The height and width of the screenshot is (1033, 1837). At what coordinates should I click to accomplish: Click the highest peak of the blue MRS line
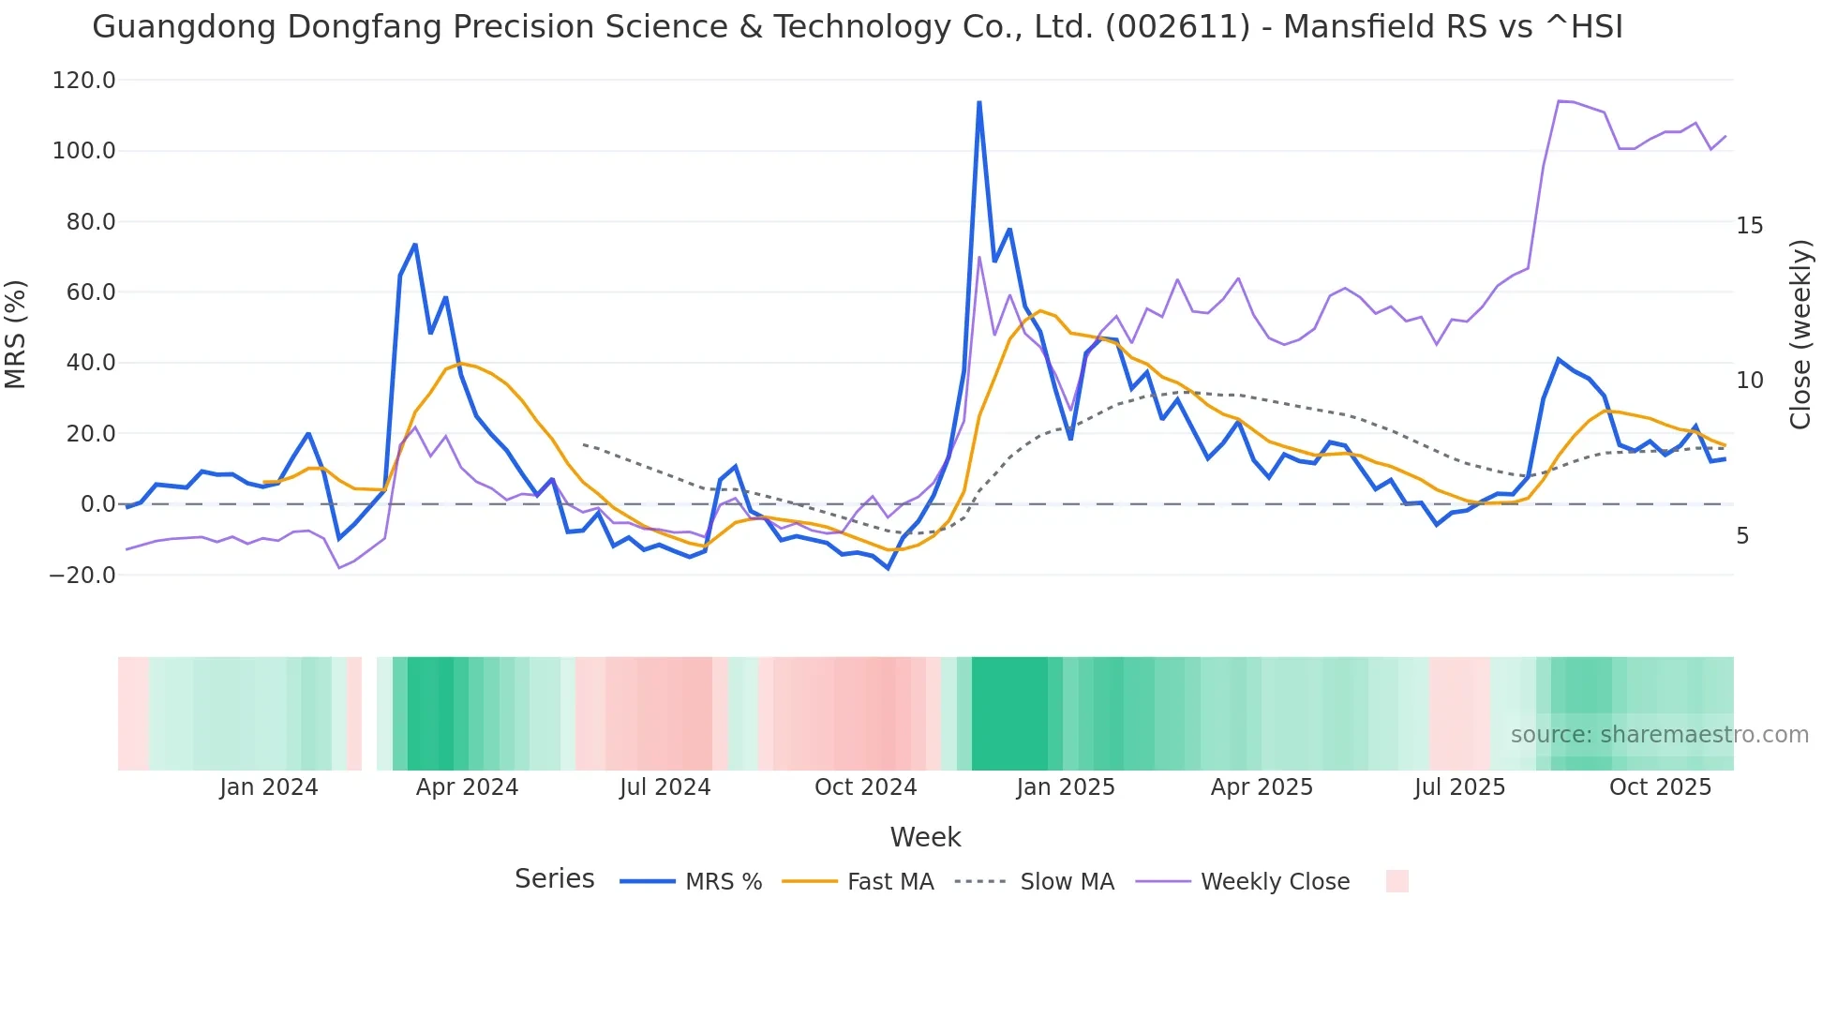click(x=978, y=102)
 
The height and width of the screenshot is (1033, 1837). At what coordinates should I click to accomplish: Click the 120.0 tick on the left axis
click(x=83, y=81)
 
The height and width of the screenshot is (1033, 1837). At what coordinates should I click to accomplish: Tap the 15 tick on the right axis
click(x=1749, y=226)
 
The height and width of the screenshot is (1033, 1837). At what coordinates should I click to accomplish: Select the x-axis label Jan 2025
click(x=1065, y=787)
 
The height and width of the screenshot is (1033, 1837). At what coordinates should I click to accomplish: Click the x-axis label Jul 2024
click(x=665, y=787)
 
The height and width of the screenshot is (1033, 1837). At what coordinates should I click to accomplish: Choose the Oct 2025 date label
click(x=1660, y=787)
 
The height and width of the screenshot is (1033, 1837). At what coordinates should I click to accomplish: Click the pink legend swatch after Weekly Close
click(x=1396, y=881)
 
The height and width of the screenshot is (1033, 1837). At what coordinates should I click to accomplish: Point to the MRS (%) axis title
click(x=16, y=335)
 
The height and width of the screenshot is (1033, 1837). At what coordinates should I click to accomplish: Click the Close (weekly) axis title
click(x=1800, y=335)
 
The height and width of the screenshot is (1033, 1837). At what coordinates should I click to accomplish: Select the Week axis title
click(x=925, y=837)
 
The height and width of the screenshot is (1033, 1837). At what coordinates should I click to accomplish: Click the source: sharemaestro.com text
click(x=1659, y=735)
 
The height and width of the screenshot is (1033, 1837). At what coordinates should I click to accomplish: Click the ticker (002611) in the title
click(x=1177, y=27)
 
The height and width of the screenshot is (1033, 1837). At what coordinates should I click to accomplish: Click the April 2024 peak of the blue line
click(x=414, y=245)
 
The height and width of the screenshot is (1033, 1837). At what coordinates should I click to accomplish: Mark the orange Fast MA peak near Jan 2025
click(x=1040, y=310)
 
